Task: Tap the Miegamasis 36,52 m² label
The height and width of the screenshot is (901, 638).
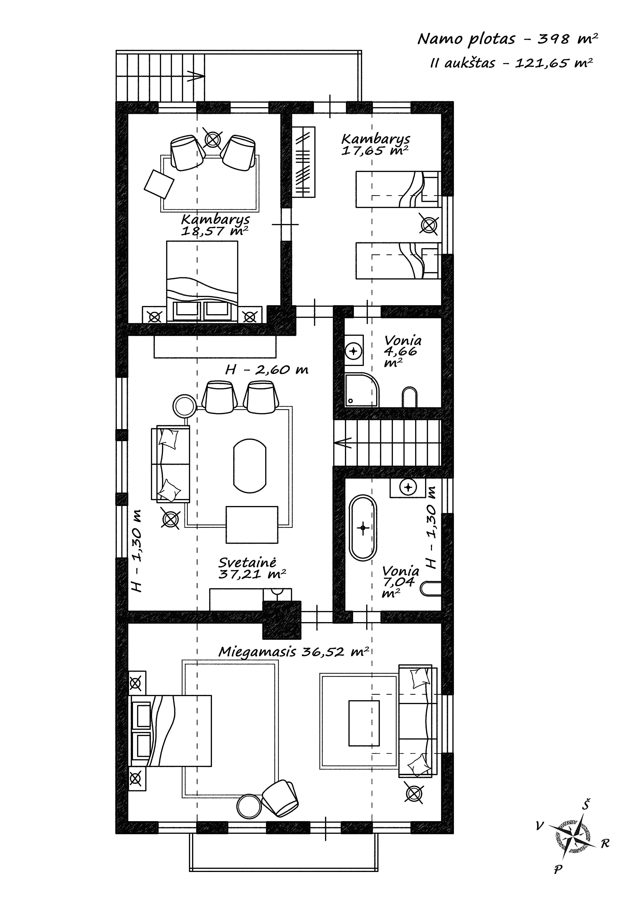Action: (293, 652)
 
